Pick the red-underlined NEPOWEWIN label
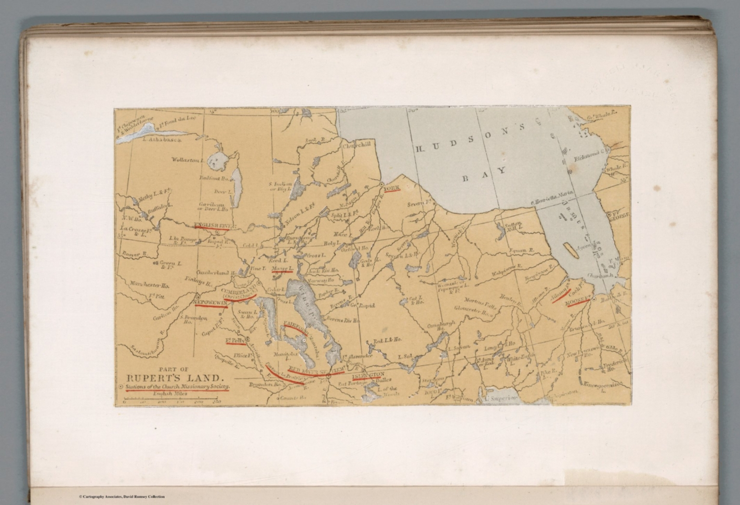pos(211,302)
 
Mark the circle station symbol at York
pos(381,185)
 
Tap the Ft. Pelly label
pos(236,341)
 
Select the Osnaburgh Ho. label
pos(438,328)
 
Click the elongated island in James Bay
pos(569,249)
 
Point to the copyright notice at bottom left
pos(121,496)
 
